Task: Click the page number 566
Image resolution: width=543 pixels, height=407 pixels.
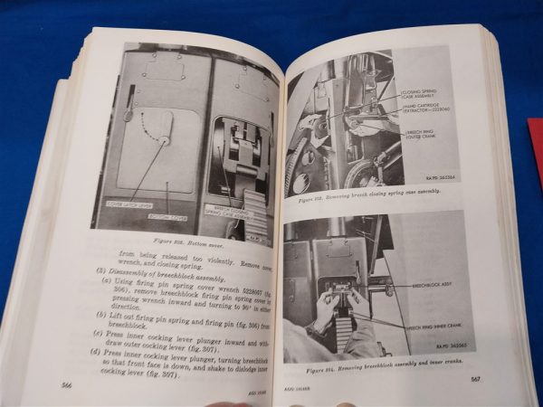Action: pyautogui.click(x=65, y=383)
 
